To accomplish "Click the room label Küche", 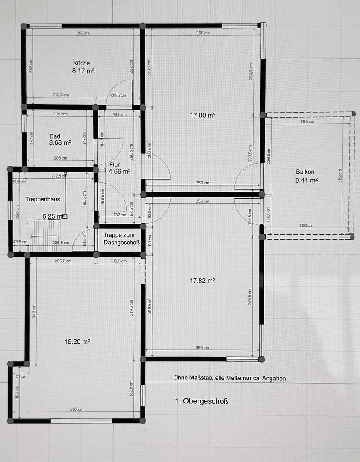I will pyautogui.click(x=81, y=63).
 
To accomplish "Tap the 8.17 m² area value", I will pyautogui.click(x=83, y=71).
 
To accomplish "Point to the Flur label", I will pyautogui.click(x=115, y=164).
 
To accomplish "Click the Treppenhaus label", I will pyautogui.click(x=42, y=199).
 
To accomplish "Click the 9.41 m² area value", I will pyautogui.click(x=307, y=181).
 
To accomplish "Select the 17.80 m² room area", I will pyautogui.click(x=202, y=115).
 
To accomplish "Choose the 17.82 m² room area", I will pyautogui.click(x=202, y=281).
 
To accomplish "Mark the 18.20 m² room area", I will pyautogui.click(x=77, y=341).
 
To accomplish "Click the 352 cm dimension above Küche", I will pyautogui.click(x=83, y=33).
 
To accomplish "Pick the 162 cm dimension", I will pyautogui.click(x=18, y=391).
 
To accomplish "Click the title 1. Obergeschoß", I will pyautogui.click(x=202, y=401).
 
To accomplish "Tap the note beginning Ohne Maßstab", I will pyautogui.click(x=229, y=378).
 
